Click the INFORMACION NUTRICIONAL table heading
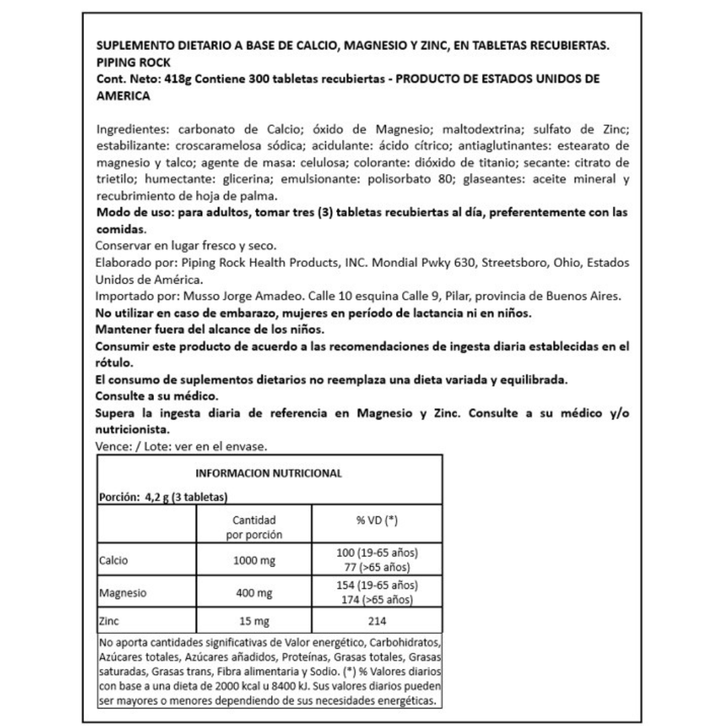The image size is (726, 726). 269,473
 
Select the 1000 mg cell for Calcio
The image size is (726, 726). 253,560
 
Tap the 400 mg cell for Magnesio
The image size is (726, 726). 253,594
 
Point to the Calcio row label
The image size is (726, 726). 114,560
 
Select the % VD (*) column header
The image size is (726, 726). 376,521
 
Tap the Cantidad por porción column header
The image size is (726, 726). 253,528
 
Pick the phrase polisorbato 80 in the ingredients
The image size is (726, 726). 429,180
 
